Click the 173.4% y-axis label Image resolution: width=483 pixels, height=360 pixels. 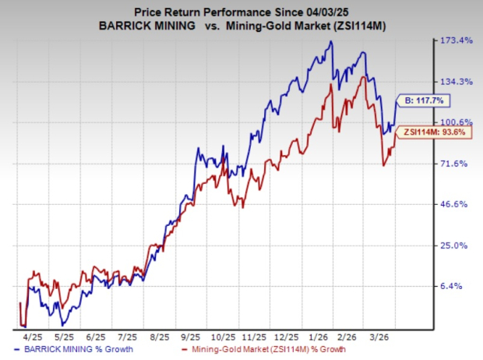coord(456,41)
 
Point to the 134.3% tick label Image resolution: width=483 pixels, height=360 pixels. coord(456,82)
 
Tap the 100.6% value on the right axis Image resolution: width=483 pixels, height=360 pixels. coord(456,122)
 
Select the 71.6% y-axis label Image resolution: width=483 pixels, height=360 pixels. coord(456,164)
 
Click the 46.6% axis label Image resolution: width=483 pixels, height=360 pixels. coord(456,204)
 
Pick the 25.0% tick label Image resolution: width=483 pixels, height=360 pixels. coord(456,245)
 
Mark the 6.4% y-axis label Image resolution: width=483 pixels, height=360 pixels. coord(456,286)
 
